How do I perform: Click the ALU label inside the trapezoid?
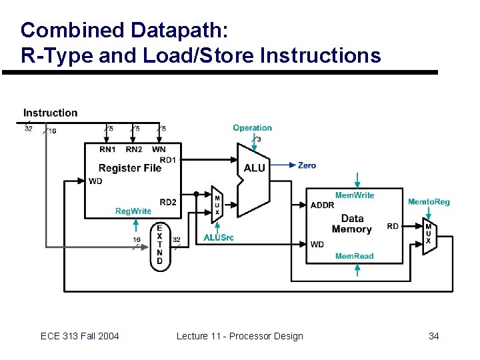(254, 168)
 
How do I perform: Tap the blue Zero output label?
(307, 165)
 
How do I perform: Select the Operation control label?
(252, 128)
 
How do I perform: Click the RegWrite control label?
(133, 211)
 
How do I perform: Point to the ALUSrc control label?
(219, 237)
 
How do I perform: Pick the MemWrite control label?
(355, 195)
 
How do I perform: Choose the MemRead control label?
(354, 256)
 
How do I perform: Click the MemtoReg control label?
(429, 202)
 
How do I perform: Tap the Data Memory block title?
(352, 224)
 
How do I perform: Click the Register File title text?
(130, 168)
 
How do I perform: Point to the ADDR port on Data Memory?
(323, 205)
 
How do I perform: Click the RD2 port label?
(168, 203)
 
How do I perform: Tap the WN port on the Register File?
(159, 149)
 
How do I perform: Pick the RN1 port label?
(107, 149)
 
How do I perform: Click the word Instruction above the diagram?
(50, 113)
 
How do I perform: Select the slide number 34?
(433, 336)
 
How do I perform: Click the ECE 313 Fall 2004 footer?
(80, 336)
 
